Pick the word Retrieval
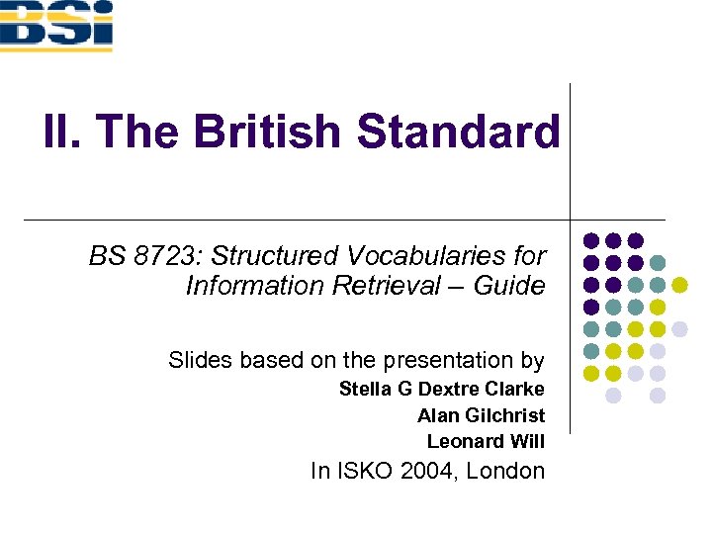tap(404, 286)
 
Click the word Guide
tap(515, 286)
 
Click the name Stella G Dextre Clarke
tap(441, 389)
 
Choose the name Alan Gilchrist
tap(481, 415)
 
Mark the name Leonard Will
tap(486, 441)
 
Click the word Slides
tap(195, 360)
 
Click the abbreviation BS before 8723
tap(105, 256)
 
